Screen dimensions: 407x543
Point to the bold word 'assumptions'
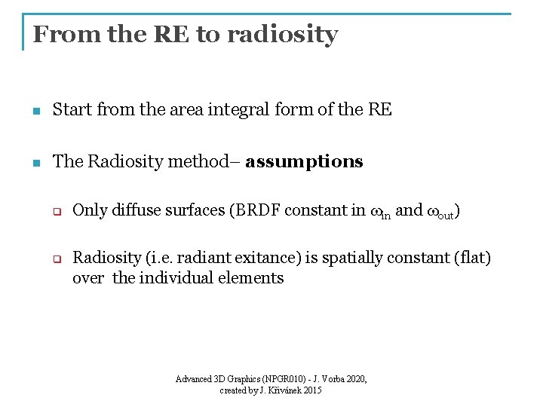click(304, 162)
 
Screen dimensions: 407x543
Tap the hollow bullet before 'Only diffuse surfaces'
click(55, 212)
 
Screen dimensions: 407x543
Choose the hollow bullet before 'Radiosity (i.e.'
click(55, 259)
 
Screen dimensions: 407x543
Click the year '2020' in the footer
click(354, 379)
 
